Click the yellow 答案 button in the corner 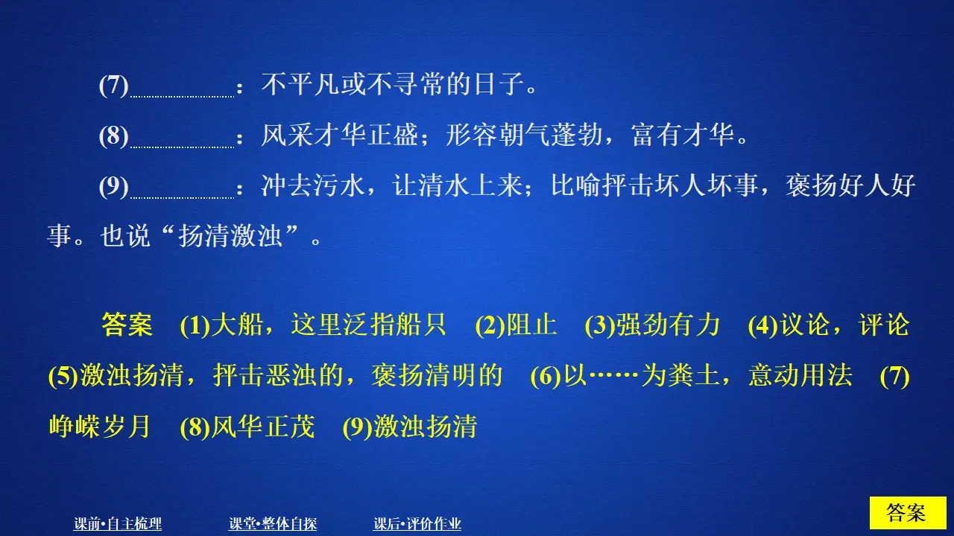(907, 513)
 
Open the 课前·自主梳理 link (118, 524)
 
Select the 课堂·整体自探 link (273, 524)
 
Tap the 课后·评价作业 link (417, 524)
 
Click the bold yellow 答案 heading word (127, 325)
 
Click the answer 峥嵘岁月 (99, 427)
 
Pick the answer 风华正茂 (262, 427)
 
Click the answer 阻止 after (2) (532, 325)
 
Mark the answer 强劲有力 (668, 325)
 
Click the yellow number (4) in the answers (762, 325)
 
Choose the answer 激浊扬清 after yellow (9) (425, 427)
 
